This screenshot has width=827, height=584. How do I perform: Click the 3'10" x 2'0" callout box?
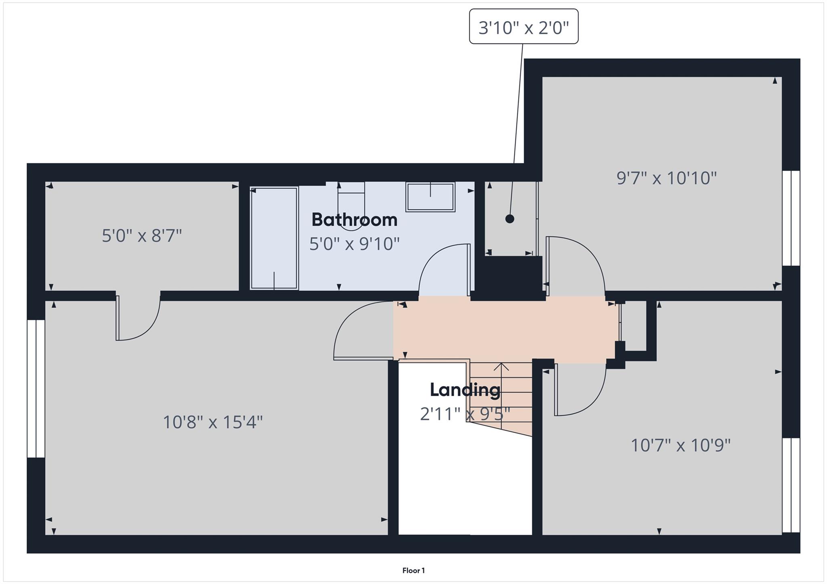[x=523, y=27]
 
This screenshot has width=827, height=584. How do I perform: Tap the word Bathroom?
[x=354, y=220]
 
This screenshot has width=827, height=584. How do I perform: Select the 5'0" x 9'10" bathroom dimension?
[x=354, y=244]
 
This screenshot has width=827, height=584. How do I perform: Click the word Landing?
[x=465, y=390]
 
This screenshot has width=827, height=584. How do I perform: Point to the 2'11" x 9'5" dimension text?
[x=465, y=414]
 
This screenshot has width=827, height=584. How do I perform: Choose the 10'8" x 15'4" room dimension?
[x=213, y=422]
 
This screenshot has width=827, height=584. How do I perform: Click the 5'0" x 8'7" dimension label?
[x=142, y=236]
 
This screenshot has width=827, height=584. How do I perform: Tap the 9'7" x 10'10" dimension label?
[x=666, y=178]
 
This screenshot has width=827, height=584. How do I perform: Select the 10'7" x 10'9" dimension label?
[x=680, y=446]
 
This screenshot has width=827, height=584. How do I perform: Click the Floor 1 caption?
[x=413, y=570]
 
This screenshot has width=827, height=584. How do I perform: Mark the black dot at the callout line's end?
[x=510, y=219]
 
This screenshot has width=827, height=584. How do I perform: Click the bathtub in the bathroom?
[x=274, y=238]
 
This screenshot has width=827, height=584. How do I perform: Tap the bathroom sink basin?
[x=430, y=197]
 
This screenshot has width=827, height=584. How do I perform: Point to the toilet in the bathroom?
[x=351, y=206]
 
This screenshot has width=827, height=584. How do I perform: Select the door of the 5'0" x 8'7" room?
[x=137, y=319]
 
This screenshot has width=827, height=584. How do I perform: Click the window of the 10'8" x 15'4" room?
[x=36, y=388]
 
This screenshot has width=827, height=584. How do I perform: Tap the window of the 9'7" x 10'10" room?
[x=791, y=218]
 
